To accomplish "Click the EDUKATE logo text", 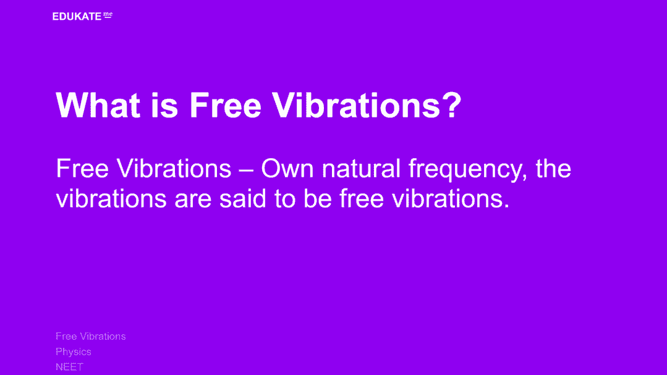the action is tap(77, 17).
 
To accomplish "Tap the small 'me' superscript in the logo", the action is tap(108, 15).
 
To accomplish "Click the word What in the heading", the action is tap(98, 105).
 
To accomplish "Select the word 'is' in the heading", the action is tap(164, 105).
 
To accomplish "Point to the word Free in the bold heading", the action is tap(225, 105).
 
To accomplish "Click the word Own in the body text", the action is tap(287, 169).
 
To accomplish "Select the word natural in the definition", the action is tap(361, 169).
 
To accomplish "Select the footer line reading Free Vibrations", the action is tap(91, 336).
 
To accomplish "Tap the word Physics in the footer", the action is tap(74, 352).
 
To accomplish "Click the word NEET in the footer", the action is tap(69, 366).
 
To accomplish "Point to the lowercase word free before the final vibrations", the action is tap(362, 198).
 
